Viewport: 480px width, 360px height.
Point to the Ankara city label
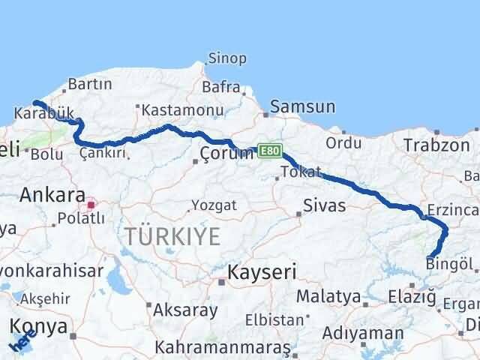coord(52,196)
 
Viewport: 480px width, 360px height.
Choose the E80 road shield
coord(269,151)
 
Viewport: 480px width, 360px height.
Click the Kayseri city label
coord(262,271)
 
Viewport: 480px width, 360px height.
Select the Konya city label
coord(40,326)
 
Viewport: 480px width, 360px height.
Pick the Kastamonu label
coord(182,110)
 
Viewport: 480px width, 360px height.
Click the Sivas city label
coord(324,205)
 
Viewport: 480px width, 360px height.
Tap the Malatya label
coord(328,296)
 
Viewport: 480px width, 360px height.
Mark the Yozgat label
coord(214,205)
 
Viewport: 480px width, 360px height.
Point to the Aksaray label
coord(185,309)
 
